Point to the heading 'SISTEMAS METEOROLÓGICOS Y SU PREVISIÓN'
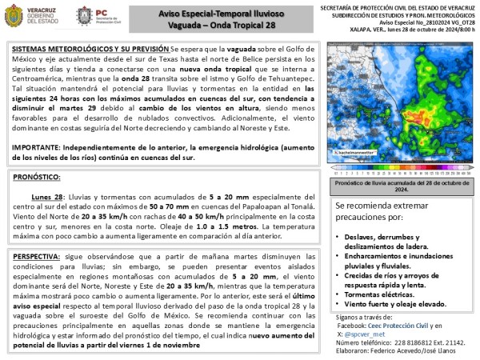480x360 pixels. point(80,49)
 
